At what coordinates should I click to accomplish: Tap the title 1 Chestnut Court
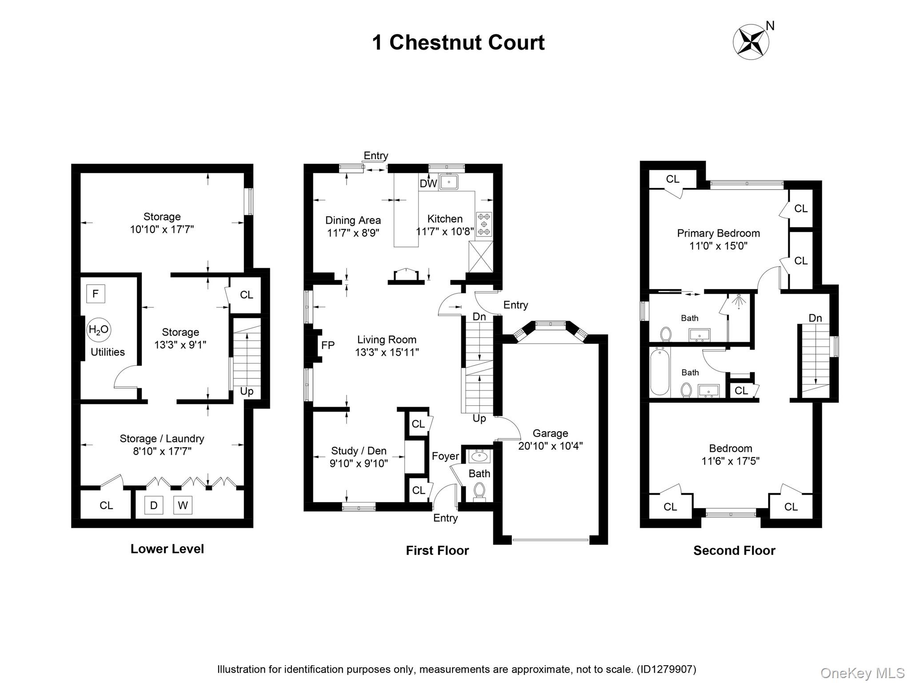(x=458, y=43)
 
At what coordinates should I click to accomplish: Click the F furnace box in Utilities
(x=96, y=294)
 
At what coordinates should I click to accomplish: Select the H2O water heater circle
(x=98, y=329)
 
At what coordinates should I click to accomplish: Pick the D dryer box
(x=154, y=505)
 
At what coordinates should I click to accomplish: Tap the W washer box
(x=183, y=505)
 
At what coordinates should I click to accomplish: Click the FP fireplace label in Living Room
(x=327, y=345)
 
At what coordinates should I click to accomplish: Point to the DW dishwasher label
(x=428, y=183)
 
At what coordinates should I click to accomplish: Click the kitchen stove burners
(x=484, y=224)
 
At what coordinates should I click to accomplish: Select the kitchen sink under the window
(x=449, y=182)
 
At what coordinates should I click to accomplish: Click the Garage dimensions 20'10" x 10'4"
(x=550, y=446)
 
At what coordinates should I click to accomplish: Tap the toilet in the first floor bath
(x=479, y=491)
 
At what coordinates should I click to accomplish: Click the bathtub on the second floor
(x=659, y=372)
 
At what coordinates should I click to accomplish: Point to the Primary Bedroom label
(x=718, y=233)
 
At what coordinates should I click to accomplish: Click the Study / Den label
(x=359, y=451)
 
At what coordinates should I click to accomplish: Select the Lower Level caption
(x=167, y=549)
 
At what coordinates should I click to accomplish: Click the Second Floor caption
(x=734, y=550)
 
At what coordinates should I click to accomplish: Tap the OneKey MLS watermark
(x=862, y=673)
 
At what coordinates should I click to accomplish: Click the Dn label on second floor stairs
(x=815, y=318)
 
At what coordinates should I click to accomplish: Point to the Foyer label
(x=445, y=456)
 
